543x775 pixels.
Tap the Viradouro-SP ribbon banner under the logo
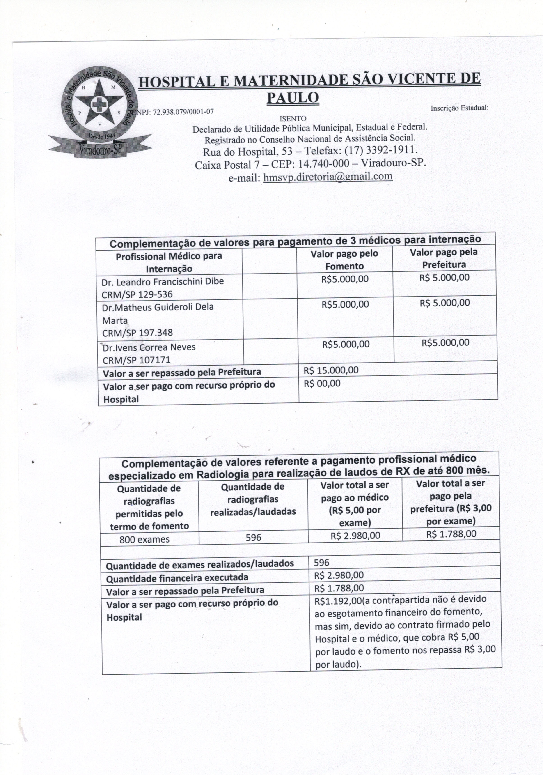[100, 149]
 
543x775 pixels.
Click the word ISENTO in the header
[293, 118]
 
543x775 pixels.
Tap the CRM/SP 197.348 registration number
[137, 333]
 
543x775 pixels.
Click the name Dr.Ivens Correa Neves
[149, 347]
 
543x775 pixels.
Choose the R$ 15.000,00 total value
[331, 370]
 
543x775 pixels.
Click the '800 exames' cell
[144, 539]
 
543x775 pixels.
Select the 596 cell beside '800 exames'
[253, 537]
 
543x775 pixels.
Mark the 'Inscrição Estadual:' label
[459, 108]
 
